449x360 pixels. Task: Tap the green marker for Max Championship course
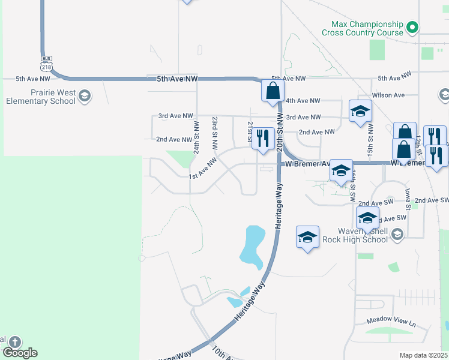pos(412,27)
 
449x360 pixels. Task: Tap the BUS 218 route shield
pos(47,62)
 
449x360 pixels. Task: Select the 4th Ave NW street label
pos(303,101)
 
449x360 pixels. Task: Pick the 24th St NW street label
pos(196,137)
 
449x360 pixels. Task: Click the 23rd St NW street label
pos(214,133)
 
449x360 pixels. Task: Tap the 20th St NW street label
pos(279,130)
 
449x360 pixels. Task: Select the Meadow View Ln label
pos(391,322)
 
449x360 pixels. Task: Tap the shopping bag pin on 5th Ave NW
pos(272,92)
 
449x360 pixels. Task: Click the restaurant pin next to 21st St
pos(262,139)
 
